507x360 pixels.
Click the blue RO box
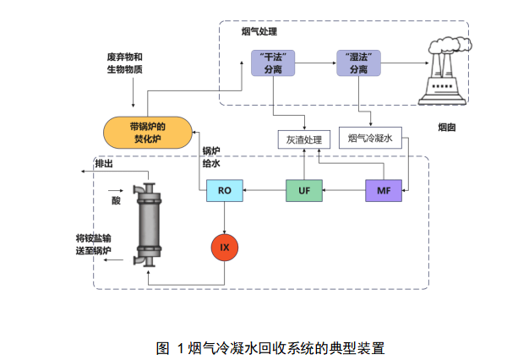(x=224, y=192)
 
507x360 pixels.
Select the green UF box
(x=304, y=192)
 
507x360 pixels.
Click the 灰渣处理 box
(x=300, y=139)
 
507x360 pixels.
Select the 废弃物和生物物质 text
(x=124, y=63)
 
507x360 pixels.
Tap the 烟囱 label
(x=447, y=128)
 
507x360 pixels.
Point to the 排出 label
(x=105, y=163)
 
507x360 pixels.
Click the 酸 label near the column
(x=116, y=201)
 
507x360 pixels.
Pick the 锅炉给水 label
(x=211, y=159)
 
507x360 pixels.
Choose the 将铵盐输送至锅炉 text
(x=93, y=244)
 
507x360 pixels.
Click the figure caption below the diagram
(x=270, y=347)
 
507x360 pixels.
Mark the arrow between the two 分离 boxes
(x=313, y=63)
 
